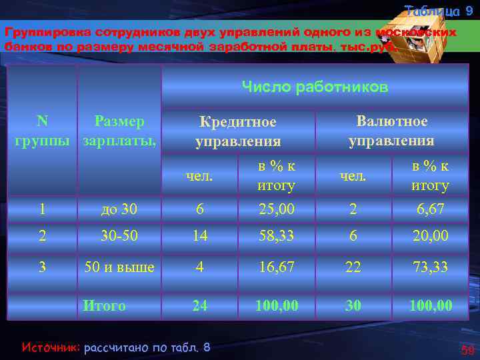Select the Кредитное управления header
(238, 131)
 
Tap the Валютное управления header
(391, 131)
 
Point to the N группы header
(42, 131)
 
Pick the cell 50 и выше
(119, 267)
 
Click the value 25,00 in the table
(276, 209)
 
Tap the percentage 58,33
(276, 236)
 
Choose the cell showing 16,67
(276, 267)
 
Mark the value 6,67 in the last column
(430, 209)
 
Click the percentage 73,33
(430, 267)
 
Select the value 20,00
(430, 236)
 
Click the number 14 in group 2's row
(199, 236)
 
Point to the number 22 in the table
(353, 267)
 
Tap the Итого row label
(104, 306)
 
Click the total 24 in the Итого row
(199, 306)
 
